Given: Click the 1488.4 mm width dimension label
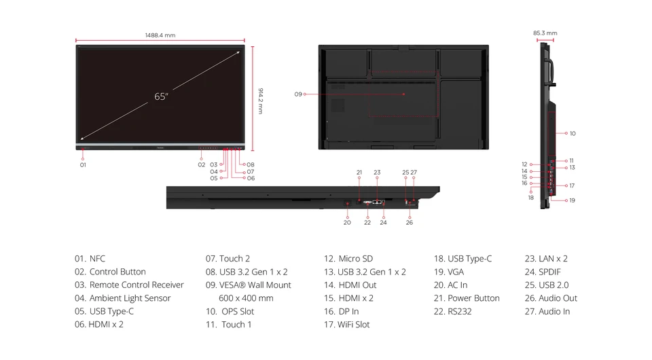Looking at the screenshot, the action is [160, 35].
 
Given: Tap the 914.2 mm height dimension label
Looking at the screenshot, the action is [261, 101].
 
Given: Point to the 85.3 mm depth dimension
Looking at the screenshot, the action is [545, 33].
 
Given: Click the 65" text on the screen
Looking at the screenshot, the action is [161, 96].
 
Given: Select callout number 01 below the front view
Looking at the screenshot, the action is [83, 165].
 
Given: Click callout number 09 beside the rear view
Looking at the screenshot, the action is [298, 94].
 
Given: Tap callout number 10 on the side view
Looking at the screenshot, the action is [573, 133].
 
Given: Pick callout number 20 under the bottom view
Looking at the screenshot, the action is [347, 222].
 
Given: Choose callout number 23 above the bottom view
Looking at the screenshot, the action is [377, 172].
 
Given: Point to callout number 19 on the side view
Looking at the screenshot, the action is [572, 200].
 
